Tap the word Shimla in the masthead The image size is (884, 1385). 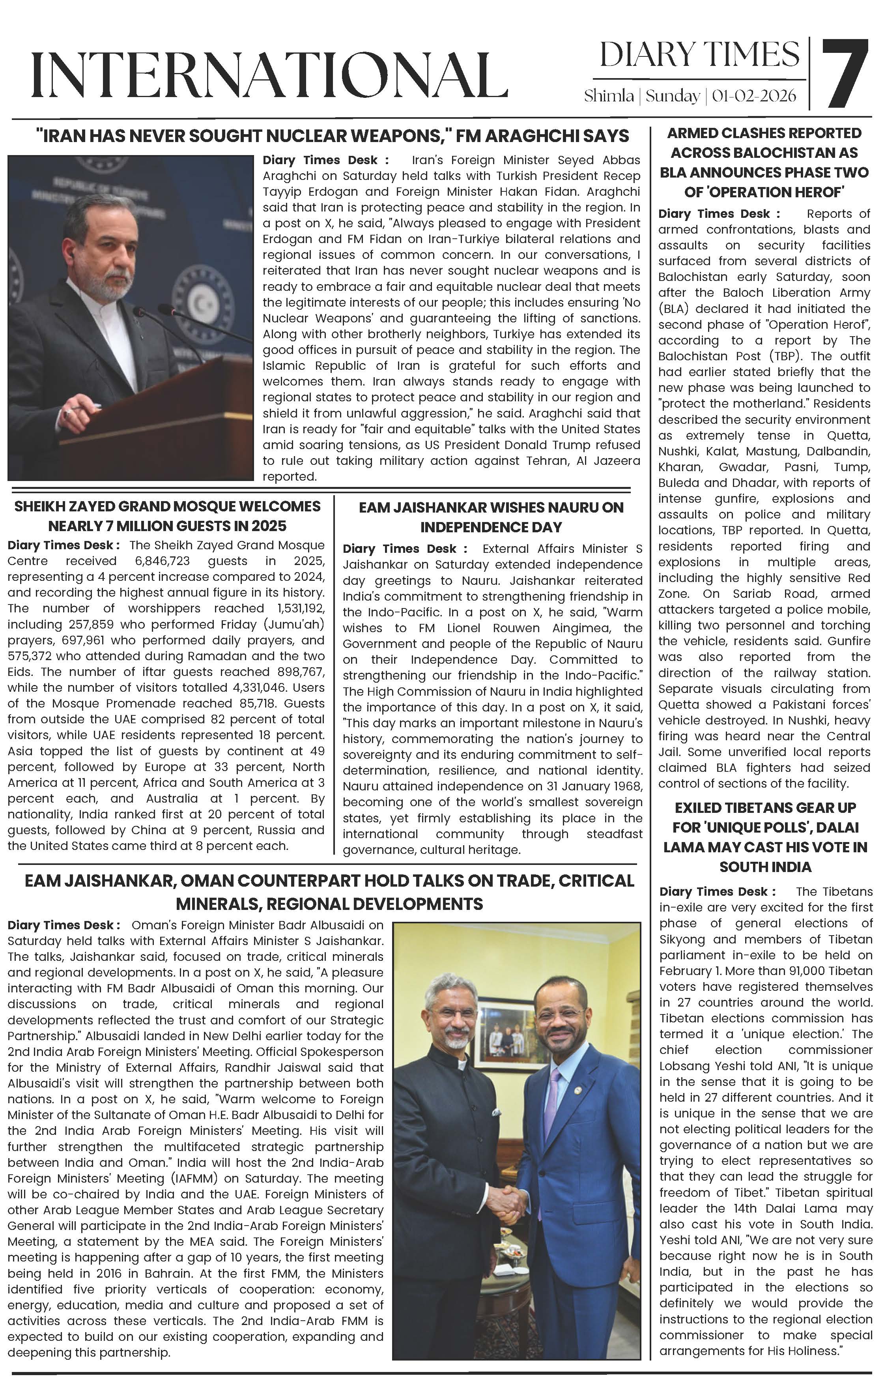click(609, 95)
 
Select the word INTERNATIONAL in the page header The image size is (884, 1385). click(269, 75)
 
